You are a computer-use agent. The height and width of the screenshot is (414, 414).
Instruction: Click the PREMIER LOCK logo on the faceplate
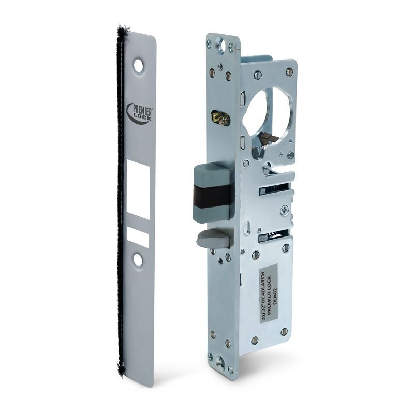136,110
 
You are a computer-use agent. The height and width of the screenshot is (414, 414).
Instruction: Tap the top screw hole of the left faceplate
139,65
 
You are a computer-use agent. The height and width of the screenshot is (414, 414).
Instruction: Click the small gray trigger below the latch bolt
209,240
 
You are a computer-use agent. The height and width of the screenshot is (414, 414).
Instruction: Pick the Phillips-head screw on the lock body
284,209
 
